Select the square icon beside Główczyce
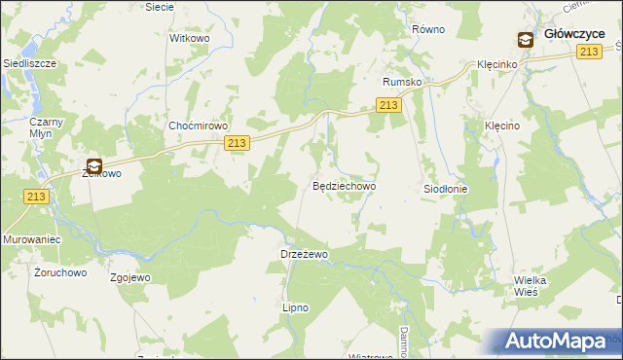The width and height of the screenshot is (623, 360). tap(525, 39)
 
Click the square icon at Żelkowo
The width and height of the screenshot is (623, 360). tap(94, 166)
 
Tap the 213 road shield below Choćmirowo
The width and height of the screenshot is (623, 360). tap(238, 143)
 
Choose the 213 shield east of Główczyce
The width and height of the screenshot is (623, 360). tap(587, 52)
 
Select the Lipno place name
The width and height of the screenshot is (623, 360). tap(295, 307)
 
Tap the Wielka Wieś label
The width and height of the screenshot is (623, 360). tap(531, 285)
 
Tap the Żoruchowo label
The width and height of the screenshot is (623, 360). tap(60, 272)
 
